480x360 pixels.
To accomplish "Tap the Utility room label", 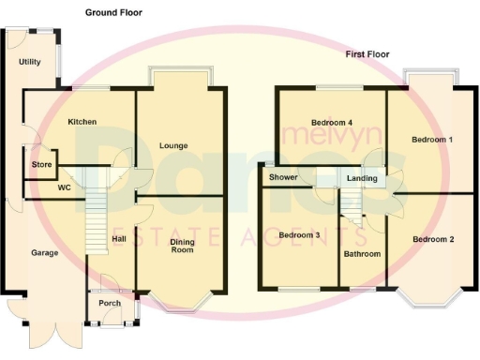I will (30, 62).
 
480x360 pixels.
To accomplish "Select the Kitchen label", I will (83, 123).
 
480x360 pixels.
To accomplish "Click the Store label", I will (39, 165).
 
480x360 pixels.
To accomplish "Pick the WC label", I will (64, 187).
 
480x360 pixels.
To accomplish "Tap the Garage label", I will (44, 253).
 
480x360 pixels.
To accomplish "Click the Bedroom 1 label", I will (432, 140).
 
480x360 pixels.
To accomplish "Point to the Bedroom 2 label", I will (432, 239).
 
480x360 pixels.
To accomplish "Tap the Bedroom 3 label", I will (299, 234).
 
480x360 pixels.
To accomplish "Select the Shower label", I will (283, 177).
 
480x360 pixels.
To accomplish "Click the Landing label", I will (362, 178).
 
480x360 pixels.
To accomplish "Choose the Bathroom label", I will (362, 254).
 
